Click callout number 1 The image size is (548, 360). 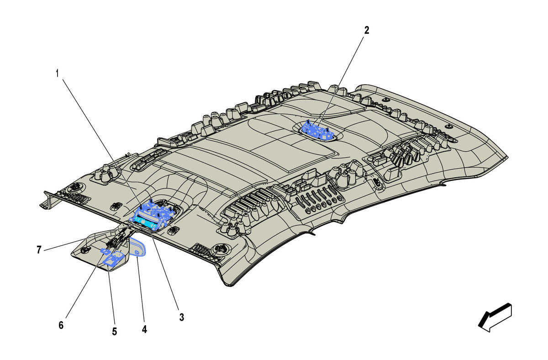point(58,73)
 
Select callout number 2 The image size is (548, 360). point(366,30)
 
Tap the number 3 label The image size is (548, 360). point(182,317)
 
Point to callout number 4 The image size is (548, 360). point(145,329)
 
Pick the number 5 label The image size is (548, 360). point(115,332)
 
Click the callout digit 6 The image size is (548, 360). point(61,325)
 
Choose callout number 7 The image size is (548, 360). point(39,250)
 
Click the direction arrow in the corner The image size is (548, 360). point(495,318)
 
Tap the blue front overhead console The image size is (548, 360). point(153,215)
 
